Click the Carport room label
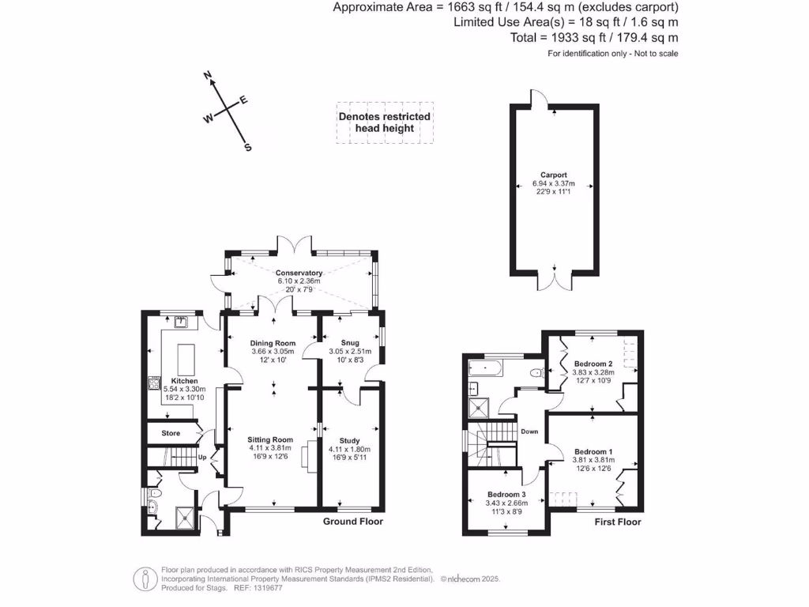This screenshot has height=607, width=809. [553, 175]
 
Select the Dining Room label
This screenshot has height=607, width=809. [274, 343]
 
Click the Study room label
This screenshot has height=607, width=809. [349, 441]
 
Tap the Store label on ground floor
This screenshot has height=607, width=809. [171, 434]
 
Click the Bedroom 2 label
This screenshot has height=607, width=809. [593, 364]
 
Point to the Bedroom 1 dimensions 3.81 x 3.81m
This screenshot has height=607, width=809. [593, 461]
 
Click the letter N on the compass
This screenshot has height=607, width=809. [208, 76]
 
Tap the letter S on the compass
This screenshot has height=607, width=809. [247, 147]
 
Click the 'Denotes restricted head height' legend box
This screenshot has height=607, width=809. [385, 123]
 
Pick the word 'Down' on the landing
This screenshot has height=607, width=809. [529, 432]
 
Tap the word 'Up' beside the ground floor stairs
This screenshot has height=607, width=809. [201, 457]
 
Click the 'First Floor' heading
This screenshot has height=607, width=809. [618, 522]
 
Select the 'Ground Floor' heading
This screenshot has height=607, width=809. [353, 522]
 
